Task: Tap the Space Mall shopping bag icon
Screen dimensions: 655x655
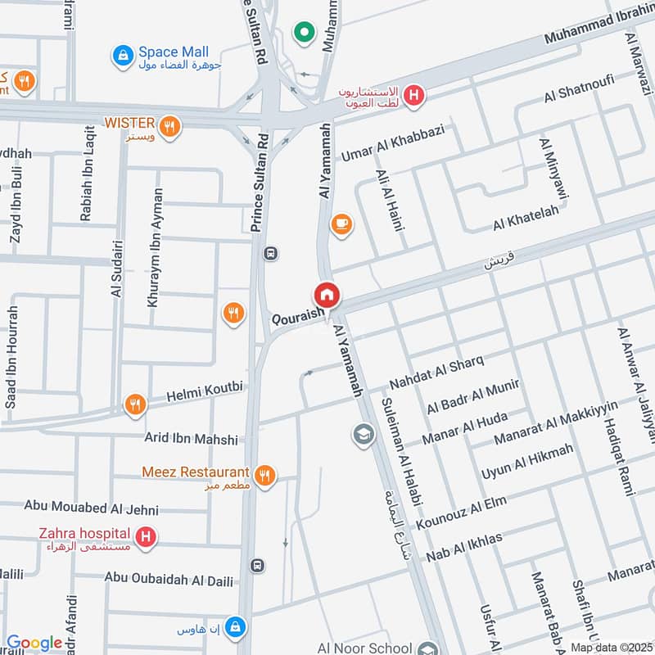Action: coord(122,55)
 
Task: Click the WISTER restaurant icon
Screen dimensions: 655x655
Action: coord(169,126)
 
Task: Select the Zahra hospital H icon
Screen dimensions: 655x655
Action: coord(146,537)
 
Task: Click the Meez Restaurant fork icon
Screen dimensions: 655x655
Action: coord(264,474)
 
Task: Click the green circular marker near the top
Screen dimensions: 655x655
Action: coord(305,34)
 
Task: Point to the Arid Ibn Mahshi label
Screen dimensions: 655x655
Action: coord(192,439)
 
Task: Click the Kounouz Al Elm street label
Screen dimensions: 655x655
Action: coord(460,512)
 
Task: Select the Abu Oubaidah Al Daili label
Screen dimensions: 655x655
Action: coord(169,579)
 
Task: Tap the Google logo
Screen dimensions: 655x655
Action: coord(34,644)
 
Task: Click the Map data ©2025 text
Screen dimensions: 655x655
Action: coord(611,648)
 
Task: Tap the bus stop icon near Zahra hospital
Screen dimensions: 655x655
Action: coord(257,565)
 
